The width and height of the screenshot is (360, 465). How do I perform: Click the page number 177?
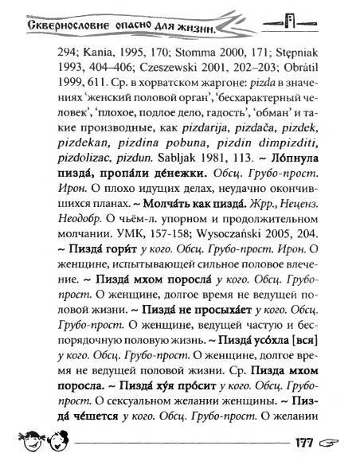tap(324, 444)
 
